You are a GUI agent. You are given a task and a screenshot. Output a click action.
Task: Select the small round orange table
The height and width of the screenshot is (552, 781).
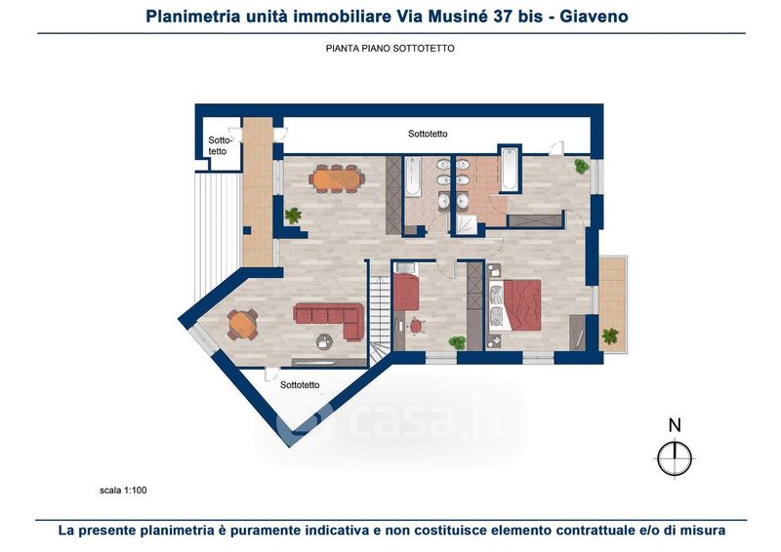click(x=242, y=325)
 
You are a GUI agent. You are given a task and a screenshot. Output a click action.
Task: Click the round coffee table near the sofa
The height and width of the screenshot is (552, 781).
click(x=325, y=341)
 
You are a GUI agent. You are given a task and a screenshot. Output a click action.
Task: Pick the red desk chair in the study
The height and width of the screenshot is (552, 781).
click(x=417, y=327)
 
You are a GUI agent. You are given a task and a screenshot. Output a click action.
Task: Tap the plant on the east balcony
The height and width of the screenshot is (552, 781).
click(x=610, y=335)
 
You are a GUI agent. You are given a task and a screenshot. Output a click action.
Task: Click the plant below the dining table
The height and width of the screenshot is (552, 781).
click(x=294, y=216)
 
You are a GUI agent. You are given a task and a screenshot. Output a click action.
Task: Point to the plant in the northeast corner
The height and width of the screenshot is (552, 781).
click(x=581, y=166)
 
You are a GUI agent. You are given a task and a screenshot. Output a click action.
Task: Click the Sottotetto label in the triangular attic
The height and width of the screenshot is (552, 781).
click(x=300, y=385)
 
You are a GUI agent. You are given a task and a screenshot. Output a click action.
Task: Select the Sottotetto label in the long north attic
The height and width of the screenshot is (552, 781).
click(x=428, y=134)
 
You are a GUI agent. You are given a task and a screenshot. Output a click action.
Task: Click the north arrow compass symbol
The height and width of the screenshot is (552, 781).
click(x=674, y=458)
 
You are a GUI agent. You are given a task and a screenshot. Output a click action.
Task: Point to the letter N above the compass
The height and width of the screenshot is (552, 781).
click(x=675, y=425)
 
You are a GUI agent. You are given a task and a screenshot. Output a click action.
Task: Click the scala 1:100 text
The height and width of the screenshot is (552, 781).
click(x=123, y=491)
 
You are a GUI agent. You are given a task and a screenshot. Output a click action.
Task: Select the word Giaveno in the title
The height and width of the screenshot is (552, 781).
click(x=594, y=17)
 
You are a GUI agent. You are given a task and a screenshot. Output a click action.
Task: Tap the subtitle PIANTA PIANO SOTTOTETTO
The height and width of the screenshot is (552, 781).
click(x=390, y=49)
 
